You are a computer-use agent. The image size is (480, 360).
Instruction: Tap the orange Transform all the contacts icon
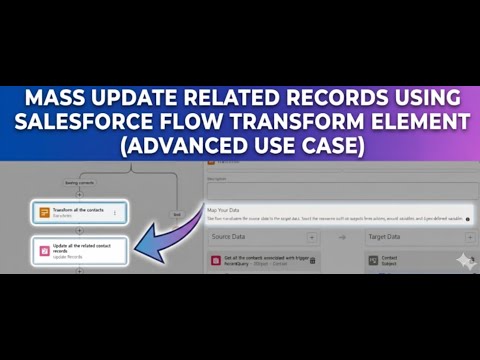point(45,213)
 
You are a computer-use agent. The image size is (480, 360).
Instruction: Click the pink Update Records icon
point(45,250)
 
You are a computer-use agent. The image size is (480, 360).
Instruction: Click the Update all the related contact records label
point(85,248)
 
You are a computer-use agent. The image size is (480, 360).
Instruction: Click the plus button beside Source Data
point(312,237)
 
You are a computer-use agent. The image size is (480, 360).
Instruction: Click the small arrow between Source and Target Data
point(340,237)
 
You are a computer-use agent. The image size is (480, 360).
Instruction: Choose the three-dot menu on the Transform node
point(115,213)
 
